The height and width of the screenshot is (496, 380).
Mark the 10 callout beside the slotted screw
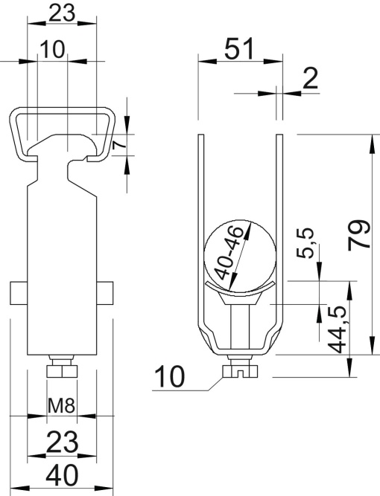click(x=171, y=378)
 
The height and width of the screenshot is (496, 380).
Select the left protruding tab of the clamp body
click(x=19, y=293)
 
